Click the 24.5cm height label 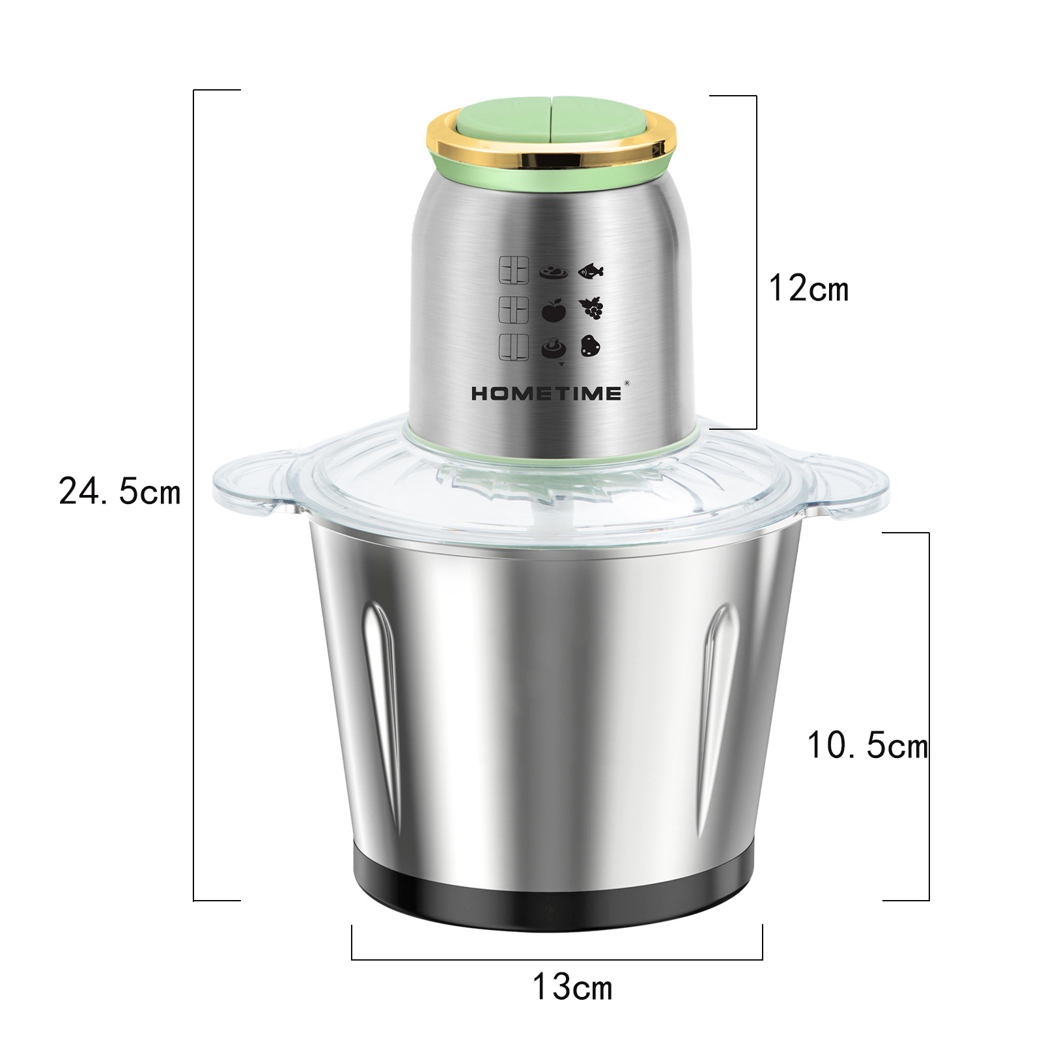pos(119,491)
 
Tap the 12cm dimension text pos(809,288)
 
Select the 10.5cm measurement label pos(867,745)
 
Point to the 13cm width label pos(572,987)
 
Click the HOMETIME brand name pos(546,393)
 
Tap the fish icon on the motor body pos(591,270)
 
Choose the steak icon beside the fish pos(554,271)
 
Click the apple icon pos(554,310)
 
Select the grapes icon pos(591,308)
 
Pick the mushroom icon pos(554,347)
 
